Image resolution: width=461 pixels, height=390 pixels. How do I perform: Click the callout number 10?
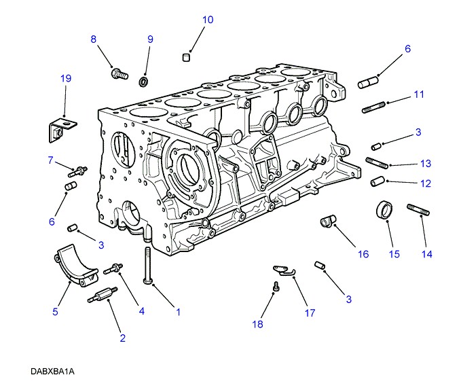(208, 20)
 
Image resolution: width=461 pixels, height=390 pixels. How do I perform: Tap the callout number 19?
(65, 79)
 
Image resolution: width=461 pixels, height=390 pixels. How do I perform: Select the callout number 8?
(94, 39)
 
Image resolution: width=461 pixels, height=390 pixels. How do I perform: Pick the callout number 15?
(394, 254)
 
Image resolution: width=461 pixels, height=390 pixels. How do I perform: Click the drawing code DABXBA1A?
(52, 372)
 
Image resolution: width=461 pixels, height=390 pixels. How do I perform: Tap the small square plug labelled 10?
(187, 57)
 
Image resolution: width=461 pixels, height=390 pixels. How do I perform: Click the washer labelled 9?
(144, 82)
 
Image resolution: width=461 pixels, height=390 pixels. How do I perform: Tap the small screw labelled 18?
(276, 287)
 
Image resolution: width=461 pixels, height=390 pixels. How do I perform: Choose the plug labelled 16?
(328, 222)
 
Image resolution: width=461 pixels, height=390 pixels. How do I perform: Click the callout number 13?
(426, 164)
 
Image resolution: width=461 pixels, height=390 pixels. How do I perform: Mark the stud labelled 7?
(76, 171)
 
